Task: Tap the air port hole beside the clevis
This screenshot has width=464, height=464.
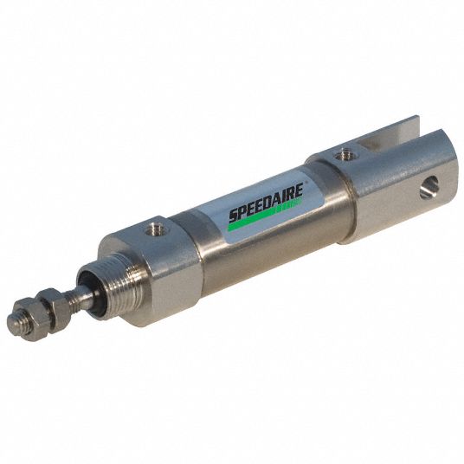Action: click(346, 155)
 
